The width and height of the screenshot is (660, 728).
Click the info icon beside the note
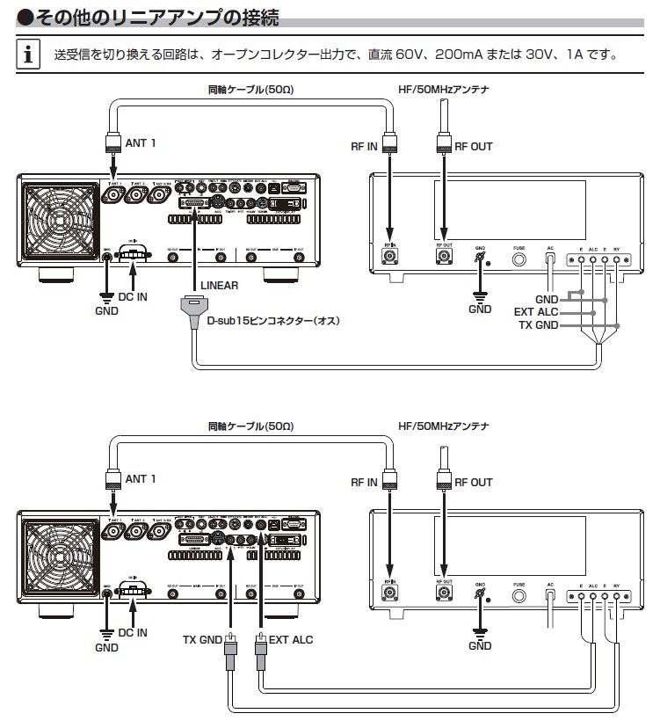click(30, 55)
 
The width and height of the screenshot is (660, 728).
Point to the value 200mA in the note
click(441, 55)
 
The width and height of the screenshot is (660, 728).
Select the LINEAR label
click(220, 286)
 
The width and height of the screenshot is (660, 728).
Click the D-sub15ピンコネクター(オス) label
click(273, 321)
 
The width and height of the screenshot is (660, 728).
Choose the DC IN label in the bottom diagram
click(133, 632)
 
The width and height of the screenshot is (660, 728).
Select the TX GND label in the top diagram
click(537, 325)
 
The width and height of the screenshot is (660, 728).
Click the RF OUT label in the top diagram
click(474, 147)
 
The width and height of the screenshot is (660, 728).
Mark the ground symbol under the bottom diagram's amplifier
click(480, 630)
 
